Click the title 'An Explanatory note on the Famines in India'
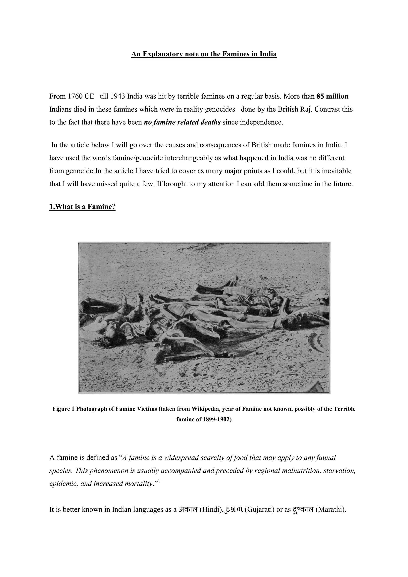point(204,54)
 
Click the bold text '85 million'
point(332,96)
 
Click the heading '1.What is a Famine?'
point(82,207)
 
